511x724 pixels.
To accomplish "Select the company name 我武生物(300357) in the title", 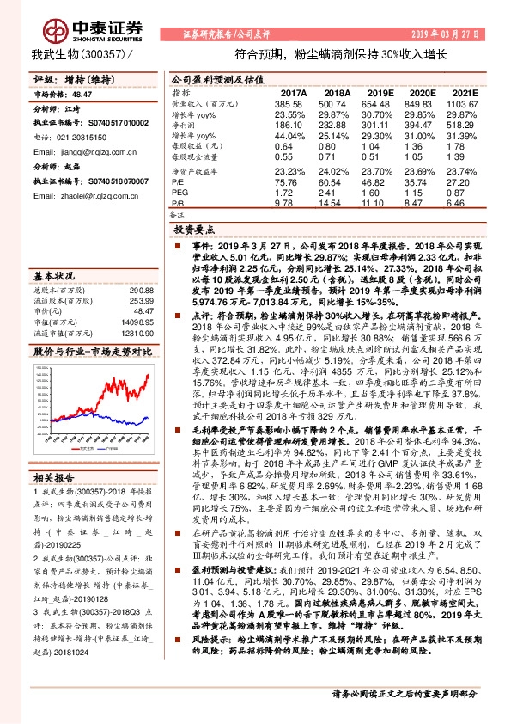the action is pyautogui.click(x=83, y=54).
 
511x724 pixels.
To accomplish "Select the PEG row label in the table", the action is pyautogui.click(x=179, y=193).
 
